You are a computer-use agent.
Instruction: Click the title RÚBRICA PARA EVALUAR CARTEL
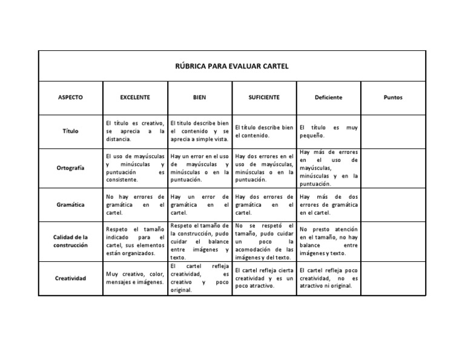[232, 66]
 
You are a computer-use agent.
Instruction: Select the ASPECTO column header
[71, 97]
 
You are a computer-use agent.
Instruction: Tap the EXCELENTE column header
[134, 97]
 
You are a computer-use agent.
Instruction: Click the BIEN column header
[199, 97]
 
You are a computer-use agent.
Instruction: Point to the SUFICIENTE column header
[264, 97]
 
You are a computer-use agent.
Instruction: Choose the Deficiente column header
[328, 97]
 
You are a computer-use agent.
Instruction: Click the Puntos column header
[393, 97]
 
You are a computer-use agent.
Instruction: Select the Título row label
[71, 131]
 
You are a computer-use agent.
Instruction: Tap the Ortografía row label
[71, 168]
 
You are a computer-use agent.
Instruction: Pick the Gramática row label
[71, 205]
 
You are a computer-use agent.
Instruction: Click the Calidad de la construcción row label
[71, 241]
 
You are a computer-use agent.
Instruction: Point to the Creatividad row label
[71, 278]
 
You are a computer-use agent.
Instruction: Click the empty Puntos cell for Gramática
[393, 205]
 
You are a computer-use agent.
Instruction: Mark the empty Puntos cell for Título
[393, 131]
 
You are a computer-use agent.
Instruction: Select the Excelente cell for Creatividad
[134, 278]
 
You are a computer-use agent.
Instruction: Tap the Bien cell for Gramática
[199, 205]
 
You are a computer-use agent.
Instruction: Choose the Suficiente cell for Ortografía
[264, 168]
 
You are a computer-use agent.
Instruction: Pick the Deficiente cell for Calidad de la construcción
[328, 241]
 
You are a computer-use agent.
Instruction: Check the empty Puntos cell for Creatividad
[393, 278]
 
